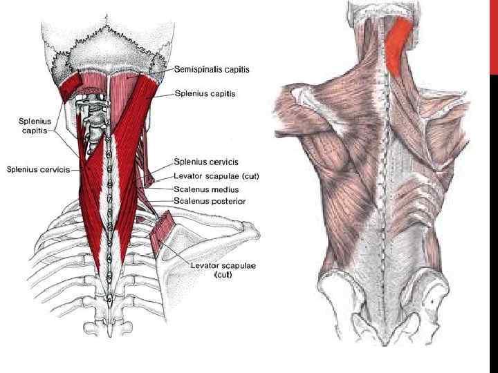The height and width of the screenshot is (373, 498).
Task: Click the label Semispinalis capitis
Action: click(212, 70)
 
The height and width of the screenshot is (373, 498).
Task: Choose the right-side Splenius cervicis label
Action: click(206, 162)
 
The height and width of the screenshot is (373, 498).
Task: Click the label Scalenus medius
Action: click(206, 189)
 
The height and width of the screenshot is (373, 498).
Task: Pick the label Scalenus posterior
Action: click(210, 201)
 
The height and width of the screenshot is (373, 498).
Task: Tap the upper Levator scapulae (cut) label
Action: click(216, 175)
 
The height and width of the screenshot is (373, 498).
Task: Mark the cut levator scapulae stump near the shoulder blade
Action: click(163, 229)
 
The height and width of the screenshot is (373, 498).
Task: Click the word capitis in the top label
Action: click(237, 70)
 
